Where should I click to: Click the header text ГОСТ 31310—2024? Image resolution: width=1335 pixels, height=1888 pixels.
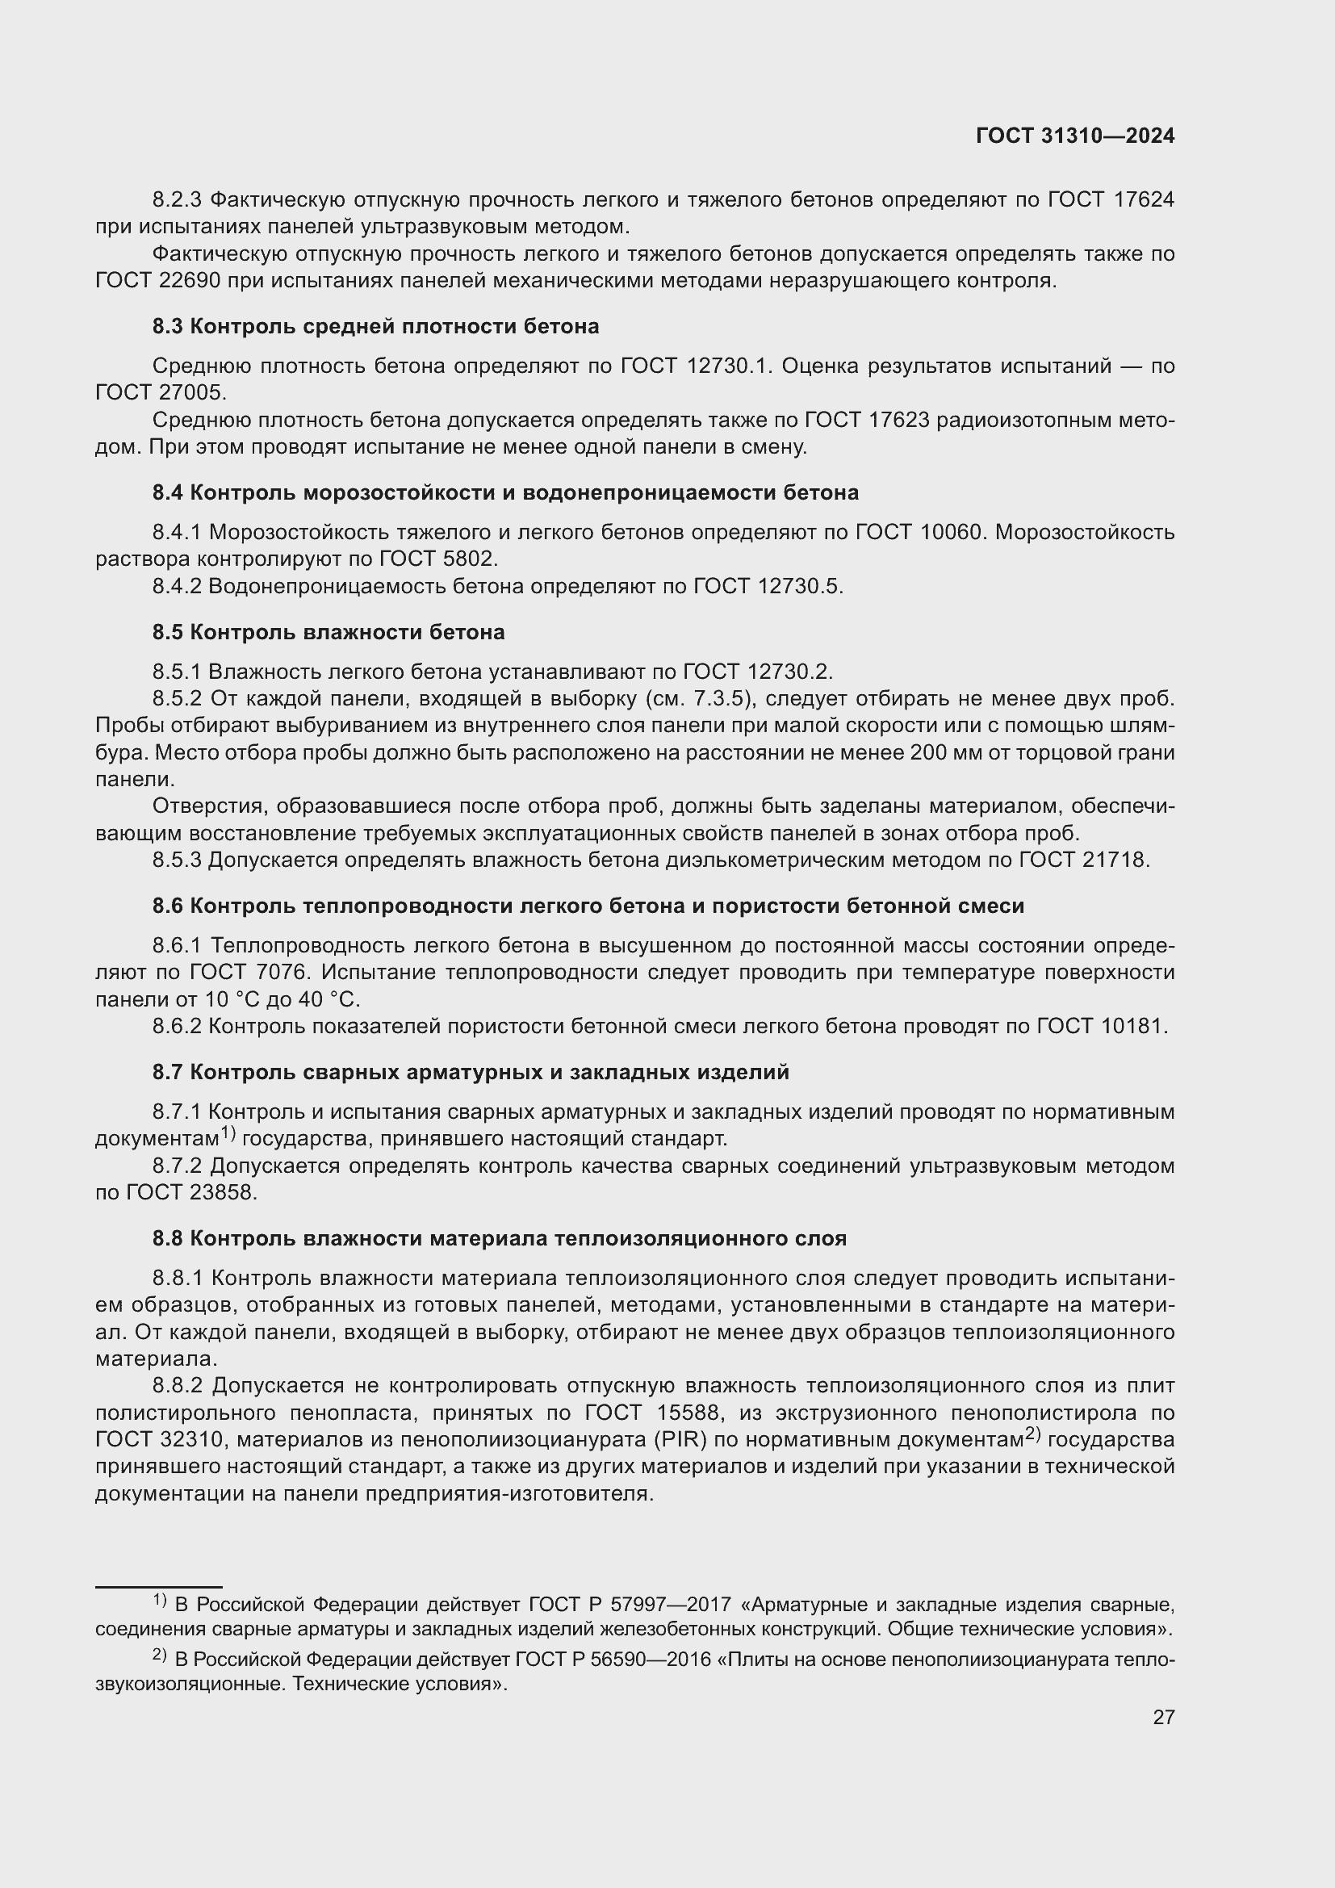pos(1075,136)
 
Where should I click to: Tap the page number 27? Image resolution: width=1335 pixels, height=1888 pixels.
pos(1163,1717)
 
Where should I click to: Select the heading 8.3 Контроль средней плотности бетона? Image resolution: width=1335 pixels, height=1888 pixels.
pos(375,326)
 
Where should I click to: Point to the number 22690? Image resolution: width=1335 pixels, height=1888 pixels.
pos(186,280)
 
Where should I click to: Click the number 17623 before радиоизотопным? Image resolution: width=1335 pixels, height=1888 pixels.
pos(898,421)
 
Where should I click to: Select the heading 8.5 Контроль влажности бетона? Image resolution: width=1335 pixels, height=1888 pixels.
pos(328,632)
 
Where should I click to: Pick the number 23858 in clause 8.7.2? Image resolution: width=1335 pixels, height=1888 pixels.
pos(222,1192)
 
